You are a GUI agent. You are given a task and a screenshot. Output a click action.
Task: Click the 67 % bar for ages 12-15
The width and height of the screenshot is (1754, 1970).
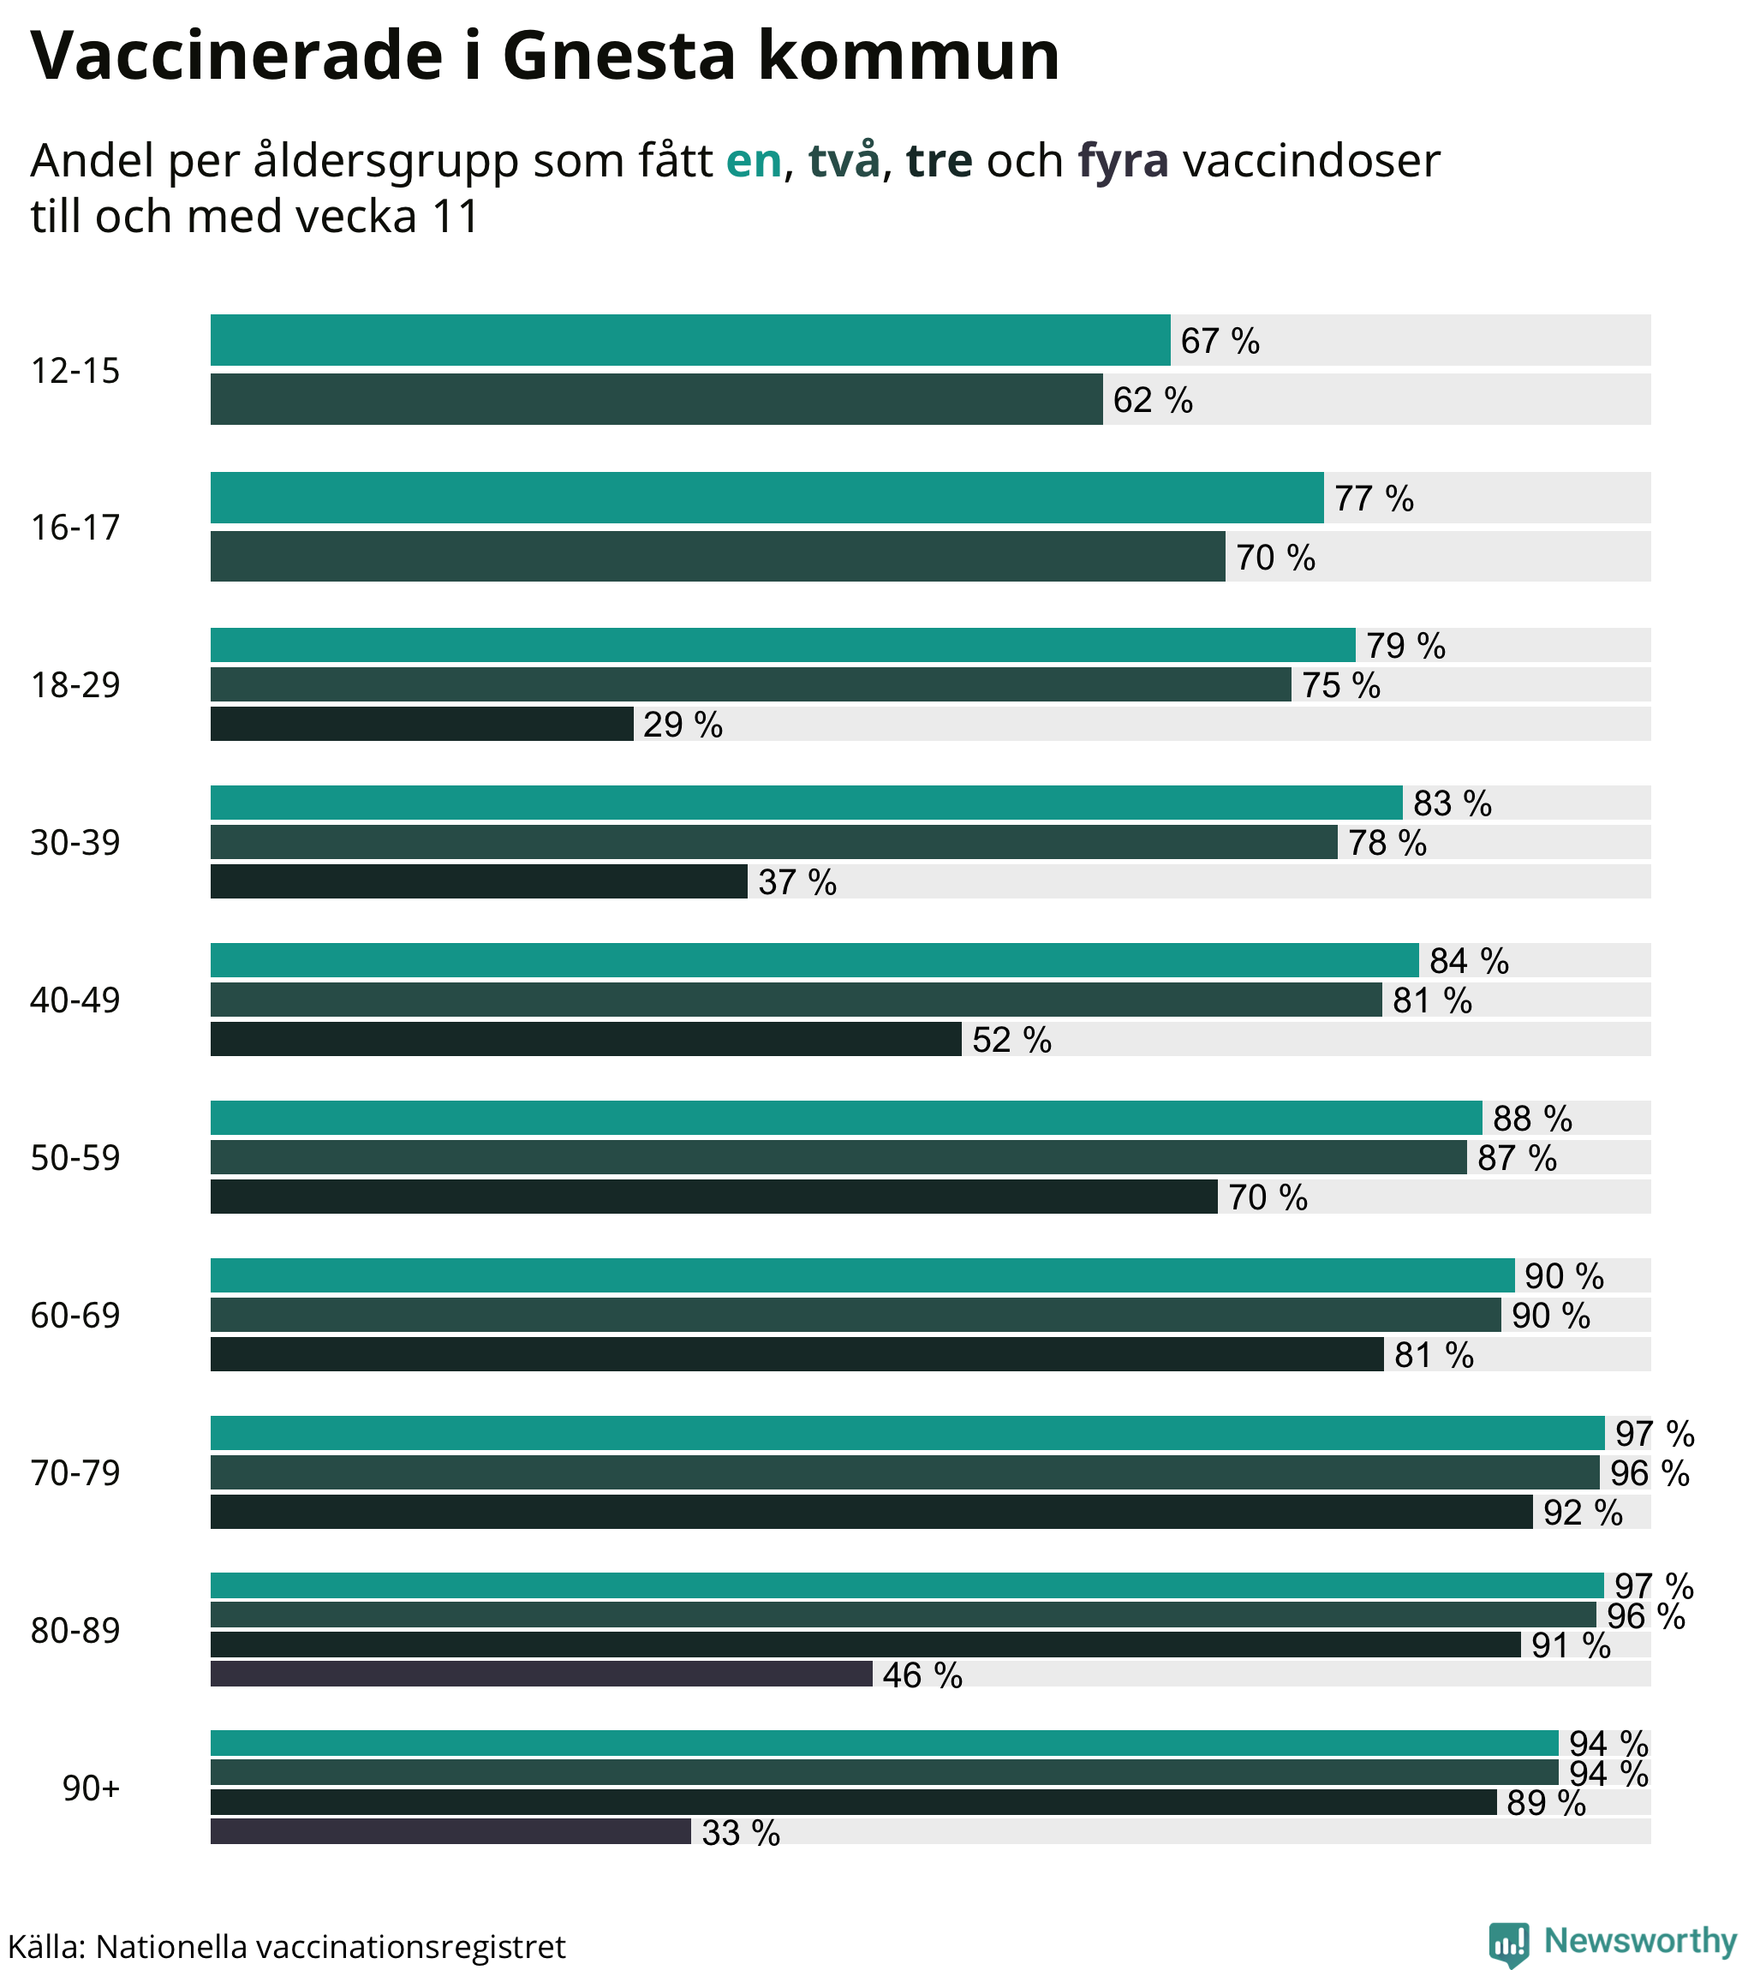click(x=689, y=339)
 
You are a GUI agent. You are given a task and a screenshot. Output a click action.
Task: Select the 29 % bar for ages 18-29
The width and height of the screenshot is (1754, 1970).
click(x=421, y=723)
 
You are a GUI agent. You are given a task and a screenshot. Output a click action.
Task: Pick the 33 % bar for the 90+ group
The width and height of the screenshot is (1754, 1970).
click(x=450, y=1830)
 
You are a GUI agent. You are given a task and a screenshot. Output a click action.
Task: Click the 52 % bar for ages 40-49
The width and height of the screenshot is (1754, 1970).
click(x=585, y=1038)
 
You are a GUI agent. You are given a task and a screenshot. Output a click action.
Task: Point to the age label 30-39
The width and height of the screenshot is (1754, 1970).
click(x=75, y=842)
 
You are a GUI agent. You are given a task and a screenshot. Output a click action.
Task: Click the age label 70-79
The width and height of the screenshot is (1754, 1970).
click(x=75, y=1472)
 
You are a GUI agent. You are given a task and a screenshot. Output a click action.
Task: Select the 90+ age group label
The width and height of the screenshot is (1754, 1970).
click(x=91, y=1788)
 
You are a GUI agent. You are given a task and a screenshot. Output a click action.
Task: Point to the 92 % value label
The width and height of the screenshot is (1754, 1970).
click(x=1582, y=1513)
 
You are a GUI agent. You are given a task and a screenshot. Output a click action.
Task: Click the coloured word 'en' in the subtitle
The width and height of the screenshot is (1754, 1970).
click(x=753, y=160)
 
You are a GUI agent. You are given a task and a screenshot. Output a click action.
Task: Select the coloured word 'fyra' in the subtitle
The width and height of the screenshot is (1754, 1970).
click(x=1122, y=160)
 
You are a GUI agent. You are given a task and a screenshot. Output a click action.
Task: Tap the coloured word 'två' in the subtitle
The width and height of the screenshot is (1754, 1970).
click(x=844, y=160)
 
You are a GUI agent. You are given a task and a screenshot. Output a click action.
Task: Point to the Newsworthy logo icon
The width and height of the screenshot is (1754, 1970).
click(x=1507, y=1943)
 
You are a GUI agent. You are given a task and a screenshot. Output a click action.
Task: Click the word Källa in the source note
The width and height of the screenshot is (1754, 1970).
click(x=45, y=1946)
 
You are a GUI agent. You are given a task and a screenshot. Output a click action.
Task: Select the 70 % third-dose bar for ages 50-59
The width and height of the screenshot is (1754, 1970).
click(x=713, y=1196)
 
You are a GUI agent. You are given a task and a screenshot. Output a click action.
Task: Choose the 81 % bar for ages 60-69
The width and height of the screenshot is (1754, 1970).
click(x=796, y=1353)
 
